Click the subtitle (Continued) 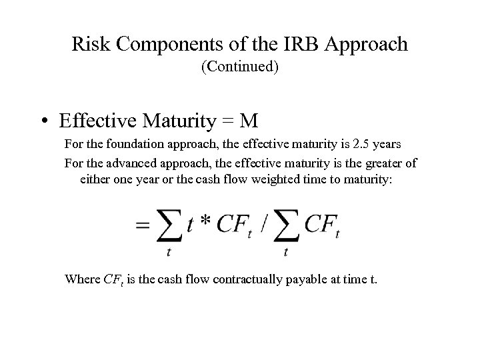click(239, 67)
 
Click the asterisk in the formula click(205, 222)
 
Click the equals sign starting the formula click(143, 225)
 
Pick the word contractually click(242, 279)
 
